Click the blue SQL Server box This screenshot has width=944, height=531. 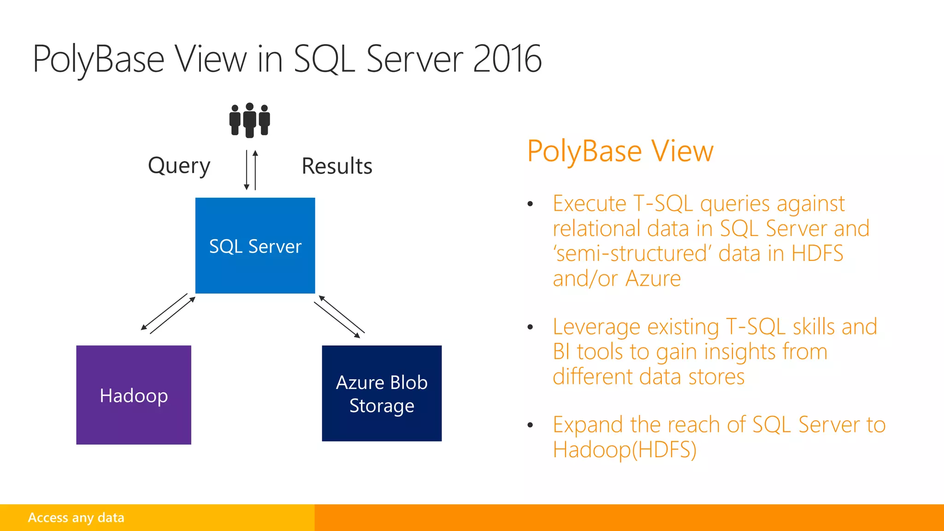255,246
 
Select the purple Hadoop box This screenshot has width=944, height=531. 134,395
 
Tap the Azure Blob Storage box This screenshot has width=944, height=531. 382,393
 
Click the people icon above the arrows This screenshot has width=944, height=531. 249,120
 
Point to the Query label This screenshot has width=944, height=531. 179,165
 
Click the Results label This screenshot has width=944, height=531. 336,166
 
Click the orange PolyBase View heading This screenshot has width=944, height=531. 620,151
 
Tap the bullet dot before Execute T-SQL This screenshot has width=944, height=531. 530,204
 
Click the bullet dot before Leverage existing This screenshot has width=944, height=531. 530,327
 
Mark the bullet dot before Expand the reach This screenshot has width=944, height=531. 530,425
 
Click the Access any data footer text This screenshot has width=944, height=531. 76,518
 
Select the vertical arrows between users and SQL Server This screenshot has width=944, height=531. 251,170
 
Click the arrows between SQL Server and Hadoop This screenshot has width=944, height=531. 168,313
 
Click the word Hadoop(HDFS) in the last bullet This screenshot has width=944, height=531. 624,449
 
